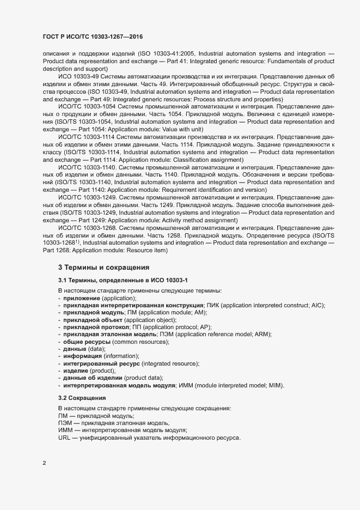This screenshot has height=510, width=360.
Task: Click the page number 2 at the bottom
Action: click(45, 463)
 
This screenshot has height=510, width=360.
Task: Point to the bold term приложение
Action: click(81, 299)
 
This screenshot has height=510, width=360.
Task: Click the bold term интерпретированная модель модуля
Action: click(119, 385)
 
